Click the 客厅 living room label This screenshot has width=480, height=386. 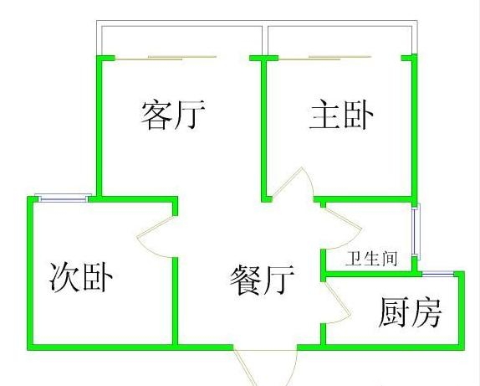click(x=173, y=115)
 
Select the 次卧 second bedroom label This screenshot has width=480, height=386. click(x=81, y=277)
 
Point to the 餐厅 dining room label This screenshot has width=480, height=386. click(x=262, y=280)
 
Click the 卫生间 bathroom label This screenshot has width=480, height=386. click(x=371, y=259)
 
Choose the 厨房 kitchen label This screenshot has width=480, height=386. click(x=411, y=312)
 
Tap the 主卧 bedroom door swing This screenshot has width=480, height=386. click(x=293, y=183)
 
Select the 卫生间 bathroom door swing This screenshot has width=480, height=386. click(x=344, y=228)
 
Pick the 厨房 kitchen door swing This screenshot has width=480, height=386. click(x=337, y=302)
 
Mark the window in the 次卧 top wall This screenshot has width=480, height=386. click(x=64, y=198)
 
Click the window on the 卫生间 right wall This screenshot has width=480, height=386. click(x=416, y=231)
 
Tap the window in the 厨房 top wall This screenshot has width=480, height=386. click(x=437, y=274)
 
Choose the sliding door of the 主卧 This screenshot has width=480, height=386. click(x=325, y=58)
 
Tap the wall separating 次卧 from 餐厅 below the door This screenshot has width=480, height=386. click(x=175, y=301)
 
